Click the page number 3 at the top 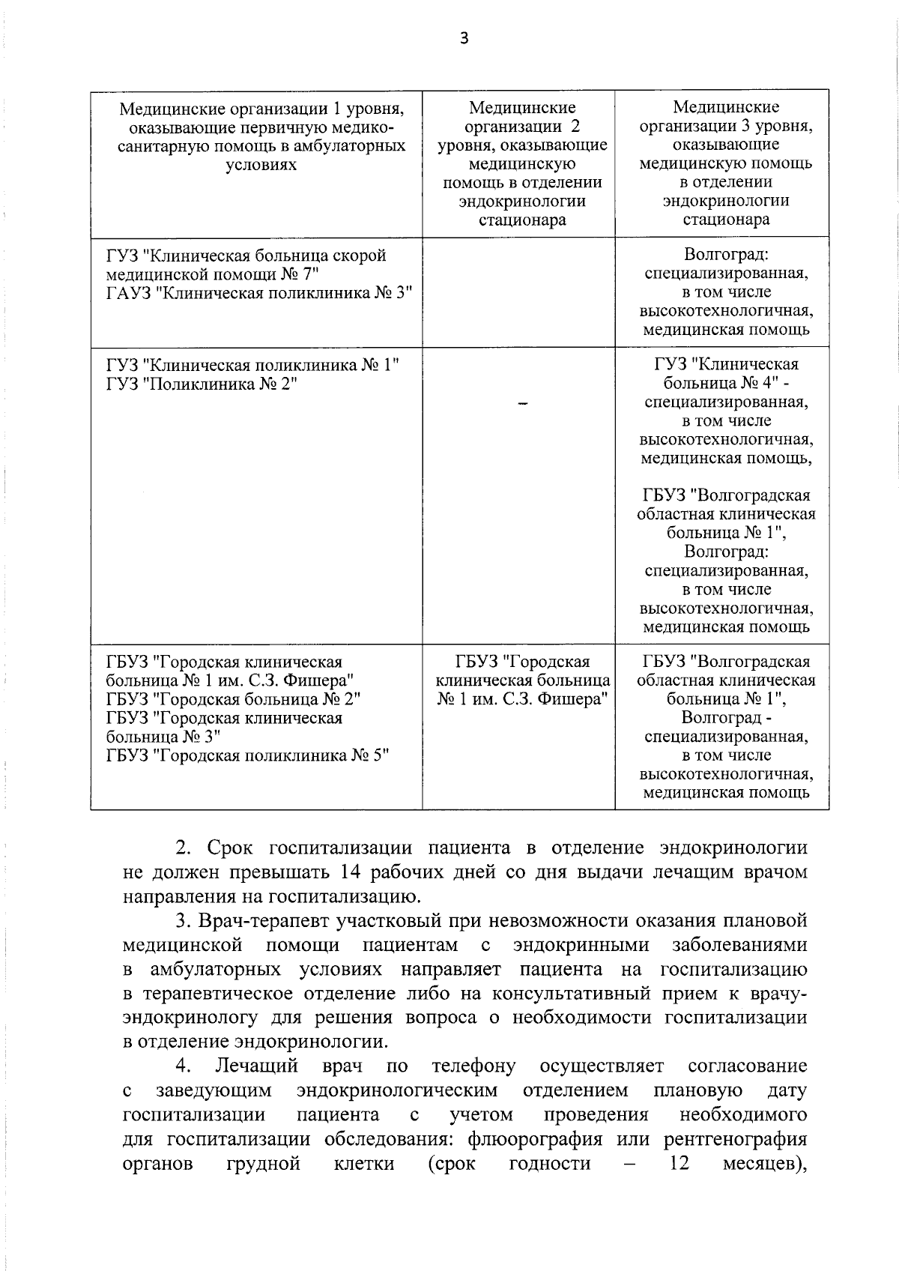[x=464, y=39]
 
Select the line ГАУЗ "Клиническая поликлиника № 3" [x=259, y=293]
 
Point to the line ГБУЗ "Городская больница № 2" [x=233, y=699]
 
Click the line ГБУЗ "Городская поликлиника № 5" [x=249, y=755]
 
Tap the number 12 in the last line [x=676, y=1185]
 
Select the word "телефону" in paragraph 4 [x=474, y=1066]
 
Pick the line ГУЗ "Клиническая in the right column [x=726, y=365]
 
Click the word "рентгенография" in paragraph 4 [x=735, y=1161]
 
